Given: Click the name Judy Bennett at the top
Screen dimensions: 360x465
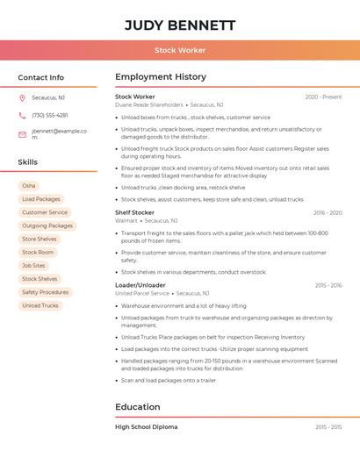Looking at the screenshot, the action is (180, 25).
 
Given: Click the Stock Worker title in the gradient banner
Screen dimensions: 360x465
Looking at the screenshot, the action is (180, 51).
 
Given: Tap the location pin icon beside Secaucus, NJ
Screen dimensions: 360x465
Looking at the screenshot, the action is (22, 98).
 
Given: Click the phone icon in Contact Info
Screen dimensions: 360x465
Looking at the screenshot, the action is (22, 116).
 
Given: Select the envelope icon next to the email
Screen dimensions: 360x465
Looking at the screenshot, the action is (22, 134).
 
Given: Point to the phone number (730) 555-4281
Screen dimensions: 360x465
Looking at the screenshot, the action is (49, 116).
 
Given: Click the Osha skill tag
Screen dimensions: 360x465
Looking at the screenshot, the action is (29, 186).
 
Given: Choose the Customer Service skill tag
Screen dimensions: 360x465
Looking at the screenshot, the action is (45, 212).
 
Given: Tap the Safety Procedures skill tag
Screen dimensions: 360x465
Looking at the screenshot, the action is (45, 292).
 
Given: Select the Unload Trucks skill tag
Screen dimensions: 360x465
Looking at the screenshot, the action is (40, 305).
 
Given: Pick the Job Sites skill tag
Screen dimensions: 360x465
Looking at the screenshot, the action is (33, 266).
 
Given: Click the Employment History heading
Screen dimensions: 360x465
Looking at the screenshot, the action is (161, 77).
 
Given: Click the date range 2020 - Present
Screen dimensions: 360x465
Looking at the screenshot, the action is (323, 97).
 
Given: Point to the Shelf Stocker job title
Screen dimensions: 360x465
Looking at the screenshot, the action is (134, 212).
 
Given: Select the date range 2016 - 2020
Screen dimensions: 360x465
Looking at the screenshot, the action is (328, 212).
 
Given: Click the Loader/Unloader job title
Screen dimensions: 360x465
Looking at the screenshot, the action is (140, 285).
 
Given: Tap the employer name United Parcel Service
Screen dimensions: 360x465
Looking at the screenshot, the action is (142, 294).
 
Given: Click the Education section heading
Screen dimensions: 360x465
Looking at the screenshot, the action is (138, 407).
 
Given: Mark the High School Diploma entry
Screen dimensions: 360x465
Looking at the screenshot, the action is (146, 427).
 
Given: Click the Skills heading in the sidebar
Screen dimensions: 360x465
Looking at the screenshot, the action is (28, 162).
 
